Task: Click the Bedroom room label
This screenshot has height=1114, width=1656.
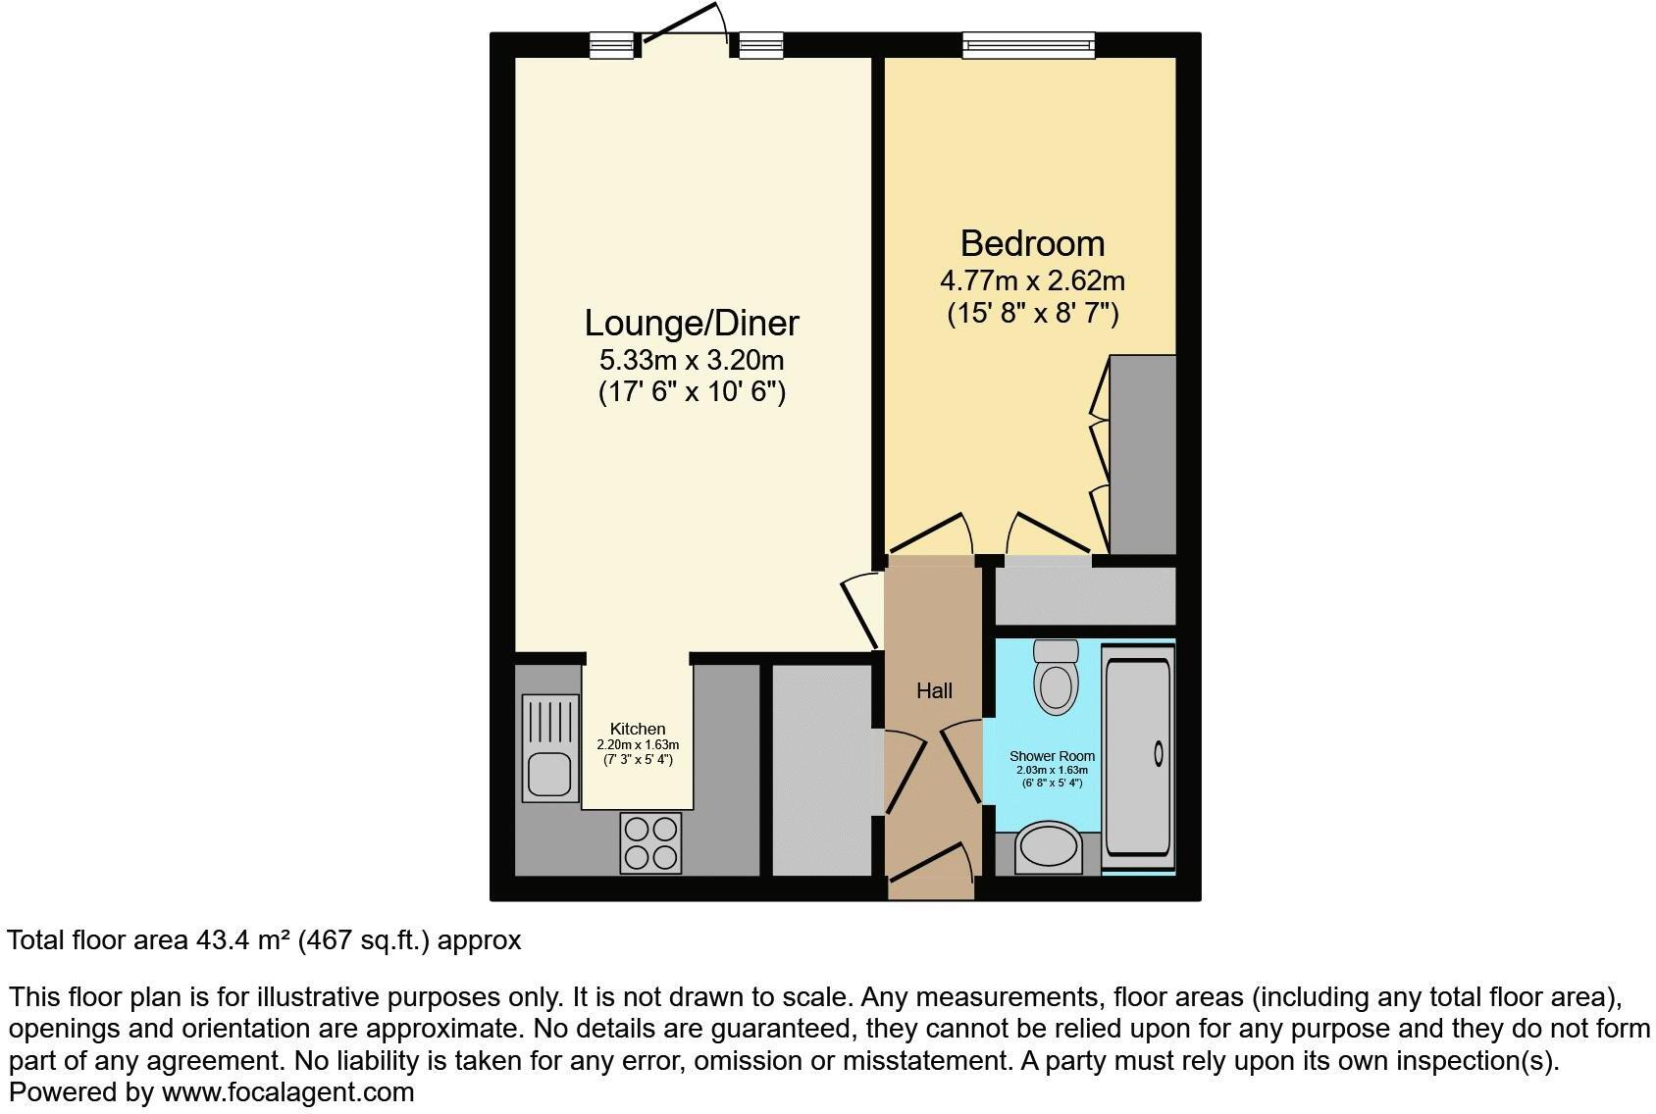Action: [x=1032, y=243]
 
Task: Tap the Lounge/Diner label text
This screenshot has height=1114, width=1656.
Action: [x=692, y=323]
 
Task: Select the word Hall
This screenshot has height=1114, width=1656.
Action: [x=934, y=691]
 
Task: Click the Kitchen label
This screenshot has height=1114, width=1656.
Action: [x=638, y=729]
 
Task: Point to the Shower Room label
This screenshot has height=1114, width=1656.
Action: [x=1052, y=756]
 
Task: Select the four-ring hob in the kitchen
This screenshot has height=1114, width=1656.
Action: [x=651, y=843]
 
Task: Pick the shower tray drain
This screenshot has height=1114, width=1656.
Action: [x=1159, y=753]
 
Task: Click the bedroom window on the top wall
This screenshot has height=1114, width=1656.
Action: [x=1027, y=44]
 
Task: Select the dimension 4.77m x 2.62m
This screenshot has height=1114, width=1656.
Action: [x=1032, y=281]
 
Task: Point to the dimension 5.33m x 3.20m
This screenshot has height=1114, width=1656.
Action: [x=692, y=360]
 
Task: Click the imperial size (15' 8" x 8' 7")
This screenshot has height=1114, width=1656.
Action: [x=1032, y=314]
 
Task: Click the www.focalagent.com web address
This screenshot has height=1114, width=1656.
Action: [x=287, y=1091]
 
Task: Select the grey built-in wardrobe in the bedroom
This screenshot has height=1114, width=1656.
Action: [x=1142, y=455]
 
